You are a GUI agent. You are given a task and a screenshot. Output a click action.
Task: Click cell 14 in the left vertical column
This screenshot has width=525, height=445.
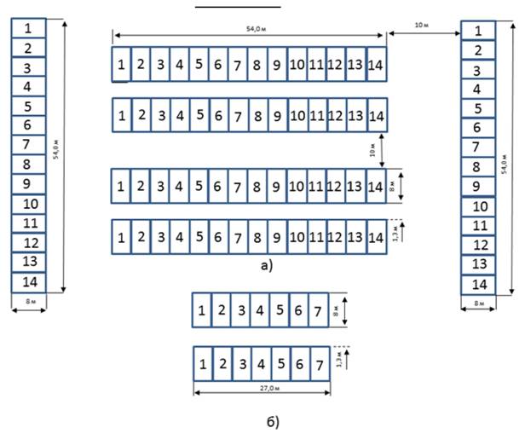coord(28,282)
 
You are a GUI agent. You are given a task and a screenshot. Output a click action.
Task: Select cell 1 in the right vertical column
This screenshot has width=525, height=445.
coord(479,32)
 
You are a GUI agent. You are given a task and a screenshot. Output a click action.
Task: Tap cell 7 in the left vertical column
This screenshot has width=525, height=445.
coord(28,145)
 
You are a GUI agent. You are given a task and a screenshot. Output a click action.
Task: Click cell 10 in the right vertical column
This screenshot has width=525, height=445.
coord(479,206)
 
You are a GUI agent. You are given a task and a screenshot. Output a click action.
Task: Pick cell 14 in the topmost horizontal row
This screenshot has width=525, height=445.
coord(377,65)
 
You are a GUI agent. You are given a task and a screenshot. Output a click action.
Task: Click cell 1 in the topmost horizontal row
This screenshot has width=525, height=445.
coord(121,65)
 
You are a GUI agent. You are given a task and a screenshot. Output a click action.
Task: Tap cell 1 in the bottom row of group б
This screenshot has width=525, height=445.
coord(202,364)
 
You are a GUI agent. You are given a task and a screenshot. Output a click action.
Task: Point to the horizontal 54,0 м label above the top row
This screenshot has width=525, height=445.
coord(249,30)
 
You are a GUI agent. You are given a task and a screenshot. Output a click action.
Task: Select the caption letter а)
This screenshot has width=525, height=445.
coord(267,266)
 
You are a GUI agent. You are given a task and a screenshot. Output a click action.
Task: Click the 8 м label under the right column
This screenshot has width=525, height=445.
coord(479,304)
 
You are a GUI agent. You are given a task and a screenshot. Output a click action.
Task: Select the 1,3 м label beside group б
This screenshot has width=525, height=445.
coord(339,362)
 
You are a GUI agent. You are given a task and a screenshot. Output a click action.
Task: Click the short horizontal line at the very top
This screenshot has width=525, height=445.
coord(225,6)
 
